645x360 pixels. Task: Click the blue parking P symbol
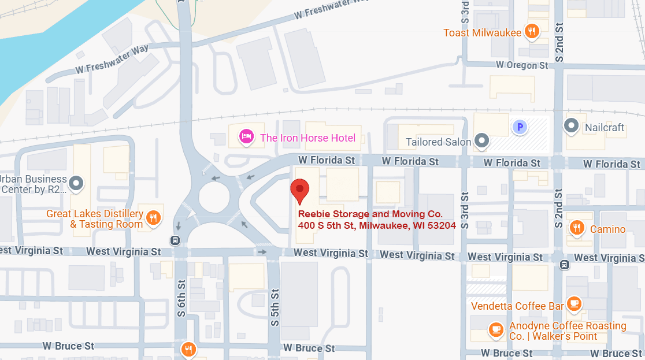point(520,127)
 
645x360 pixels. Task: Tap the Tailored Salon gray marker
point(481,140)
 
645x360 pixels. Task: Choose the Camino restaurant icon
point(577,228)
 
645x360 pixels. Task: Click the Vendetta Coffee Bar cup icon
point(573,303)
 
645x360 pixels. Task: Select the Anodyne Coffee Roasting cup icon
point(495,329)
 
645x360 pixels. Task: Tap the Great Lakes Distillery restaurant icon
point(153,217)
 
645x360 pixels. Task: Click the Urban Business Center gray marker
point(76,184)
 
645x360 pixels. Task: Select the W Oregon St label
point(522,65)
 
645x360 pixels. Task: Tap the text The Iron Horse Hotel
point(307,138)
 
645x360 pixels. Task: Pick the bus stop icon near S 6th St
point(175,240)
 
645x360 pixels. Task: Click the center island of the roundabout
point(214,198)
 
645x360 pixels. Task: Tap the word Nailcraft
point(605,127)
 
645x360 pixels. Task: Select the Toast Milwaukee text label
point(482,32)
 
